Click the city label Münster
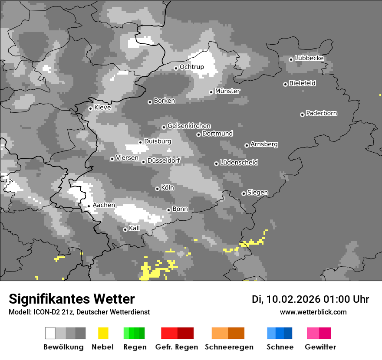coord(227,91)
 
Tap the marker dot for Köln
coord(157,189)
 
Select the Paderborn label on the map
coord(321,114)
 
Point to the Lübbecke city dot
coord(291,59)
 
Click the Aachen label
coord(104,205)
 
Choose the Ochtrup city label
coord(191,67)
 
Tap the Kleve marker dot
coord(90,108)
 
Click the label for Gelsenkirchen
coord(189,126)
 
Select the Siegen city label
coord(257,193)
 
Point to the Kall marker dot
coord(125,229)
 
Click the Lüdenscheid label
coord(239,163)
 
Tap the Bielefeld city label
coord(302,83)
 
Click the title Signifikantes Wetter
coord(72,299)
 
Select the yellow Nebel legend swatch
coord(103,333)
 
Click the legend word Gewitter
coord(320,347)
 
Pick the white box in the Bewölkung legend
coord(50,333)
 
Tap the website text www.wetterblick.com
coord(313,312)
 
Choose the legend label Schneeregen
coord(229,347)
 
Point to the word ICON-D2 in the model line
coord(44,312)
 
